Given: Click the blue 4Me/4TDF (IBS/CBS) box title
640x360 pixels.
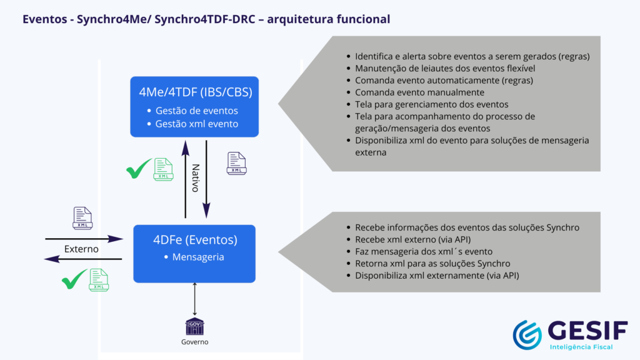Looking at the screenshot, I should (x=195, y=92).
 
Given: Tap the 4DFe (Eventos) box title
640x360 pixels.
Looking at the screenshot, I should (x=195, y=239).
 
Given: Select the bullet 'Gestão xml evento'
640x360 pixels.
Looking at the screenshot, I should (x=196, y=124).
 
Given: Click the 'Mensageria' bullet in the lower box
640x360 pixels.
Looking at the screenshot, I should (x=198, y=256).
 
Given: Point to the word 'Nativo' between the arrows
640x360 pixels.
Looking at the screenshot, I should (x=195, y=178).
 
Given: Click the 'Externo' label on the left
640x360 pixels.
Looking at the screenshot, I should (x=82, y=249).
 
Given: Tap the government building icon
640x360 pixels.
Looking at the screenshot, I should (x=195, y=326).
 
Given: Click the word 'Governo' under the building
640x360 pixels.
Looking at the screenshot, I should (x=195, y=342).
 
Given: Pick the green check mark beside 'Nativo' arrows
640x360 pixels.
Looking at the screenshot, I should (x=139, y=169).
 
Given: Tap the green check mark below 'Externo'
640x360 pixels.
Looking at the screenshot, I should (x=74, y=279).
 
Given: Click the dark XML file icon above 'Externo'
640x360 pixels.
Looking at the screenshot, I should (x=82, y=217).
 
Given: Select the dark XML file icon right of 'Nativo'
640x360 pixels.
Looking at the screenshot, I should (x=236, y=163).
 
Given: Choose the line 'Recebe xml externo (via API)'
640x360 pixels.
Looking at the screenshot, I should (x=412, y=239).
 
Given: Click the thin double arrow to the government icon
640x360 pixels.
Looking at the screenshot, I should (x=195, y=299).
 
